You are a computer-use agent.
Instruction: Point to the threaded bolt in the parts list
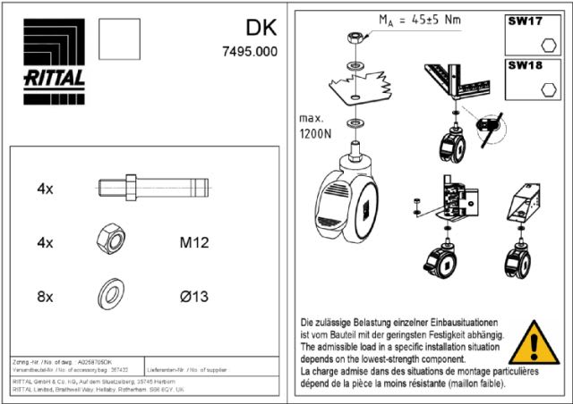pos(152,189)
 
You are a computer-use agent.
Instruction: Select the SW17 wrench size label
pos(526,18)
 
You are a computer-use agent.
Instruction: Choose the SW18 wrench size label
pos(526,65)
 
